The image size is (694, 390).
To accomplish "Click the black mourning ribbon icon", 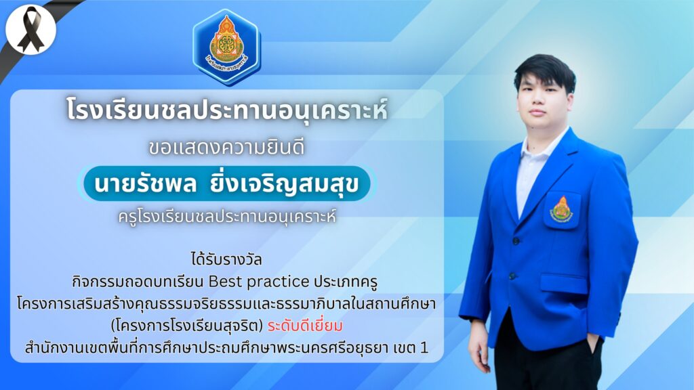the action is (30, 30).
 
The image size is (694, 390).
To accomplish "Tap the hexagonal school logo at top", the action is (226, 47).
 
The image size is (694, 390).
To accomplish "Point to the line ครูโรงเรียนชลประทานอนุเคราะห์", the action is (226, 217).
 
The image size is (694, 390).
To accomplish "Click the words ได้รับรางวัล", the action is (226, 259).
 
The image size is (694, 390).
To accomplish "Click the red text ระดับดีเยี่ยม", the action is (305, 326).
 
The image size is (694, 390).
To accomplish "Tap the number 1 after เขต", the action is (424, 348).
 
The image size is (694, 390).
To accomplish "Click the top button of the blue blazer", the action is (516, 241).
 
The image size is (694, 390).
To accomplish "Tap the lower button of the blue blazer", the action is (512, 276).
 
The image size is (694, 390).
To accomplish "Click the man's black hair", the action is (545, 70).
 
